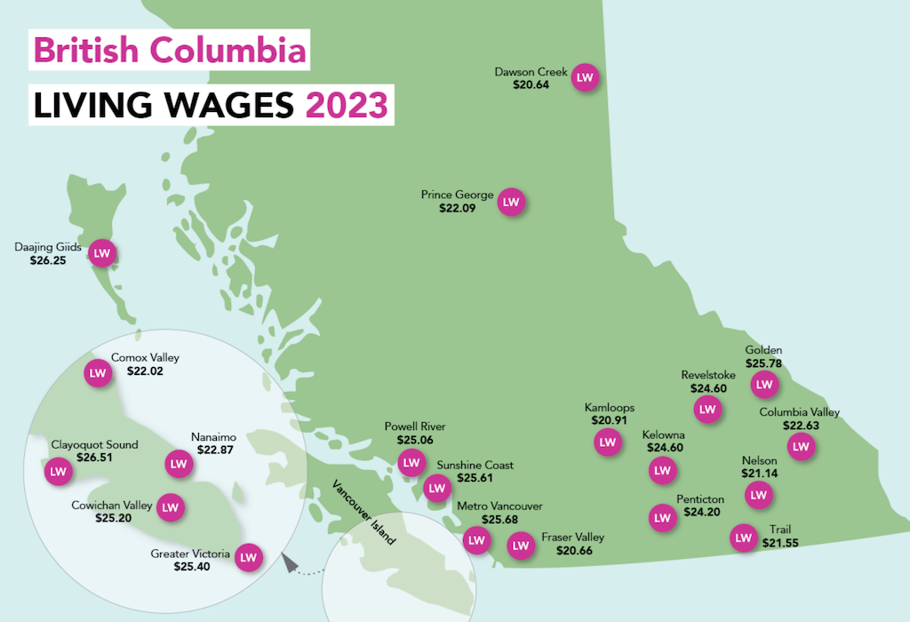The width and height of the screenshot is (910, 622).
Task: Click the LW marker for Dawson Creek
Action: click(x=585, y=78)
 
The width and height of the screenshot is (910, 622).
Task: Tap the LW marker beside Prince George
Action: click(x=511, y=203)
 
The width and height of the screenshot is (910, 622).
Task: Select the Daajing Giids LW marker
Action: click(x=102, y=253)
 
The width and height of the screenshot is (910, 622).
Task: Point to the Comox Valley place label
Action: click(x=145, y=358)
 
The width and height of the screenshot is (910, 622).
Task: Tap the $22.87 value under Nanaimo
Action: click(x=212, y=451)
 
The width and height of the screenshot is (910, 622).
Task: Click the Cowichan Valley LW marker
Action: click(x=171, y=507)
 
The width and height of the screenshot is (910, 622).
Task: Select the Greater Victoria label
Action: click(x=191, y=554)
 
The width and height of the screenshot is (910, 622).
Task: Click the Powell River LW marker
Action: click(x=411, y=462)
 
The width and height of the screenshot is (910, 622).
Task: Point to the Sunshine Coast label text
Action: click(x=475, y=465)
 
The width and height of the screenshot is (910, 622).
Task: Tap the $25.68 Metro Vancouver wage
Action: click(x=499, y=519)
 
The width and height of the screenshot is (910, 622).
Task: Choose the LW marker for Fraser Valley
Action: click(x=521, y=545)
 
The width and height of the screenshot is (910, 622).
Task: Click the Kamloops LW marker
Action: click(x=608, y=442)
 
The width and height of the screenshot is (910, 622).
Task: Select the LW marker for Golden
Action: click(x=764, y=385)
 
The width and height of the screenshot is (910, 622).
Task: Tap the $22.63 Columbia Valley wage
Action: click(x=801, y=426)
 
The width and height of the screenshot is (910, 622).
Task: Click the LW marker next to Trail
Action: click(x=743, y=538)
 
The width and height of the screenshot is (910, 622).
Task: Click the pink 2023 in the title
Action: click(x=346, y=106)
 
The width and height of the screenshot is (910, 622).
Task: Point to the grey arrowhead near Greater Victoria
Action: click(x=287, y=562)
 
